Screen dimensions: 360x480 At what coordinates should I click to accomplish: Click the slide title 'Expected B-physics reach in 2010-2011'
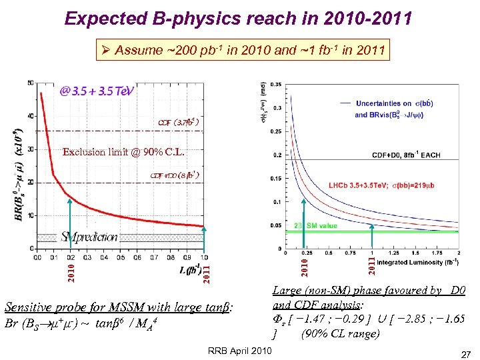(x=238, y=18)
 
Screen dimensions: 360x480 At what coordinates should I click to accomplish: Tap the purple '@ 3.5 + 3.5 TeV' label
(x=97, y=91)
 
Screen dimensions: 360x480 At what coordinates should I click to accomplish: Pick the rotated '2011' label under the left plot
(x=207, y=272)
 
